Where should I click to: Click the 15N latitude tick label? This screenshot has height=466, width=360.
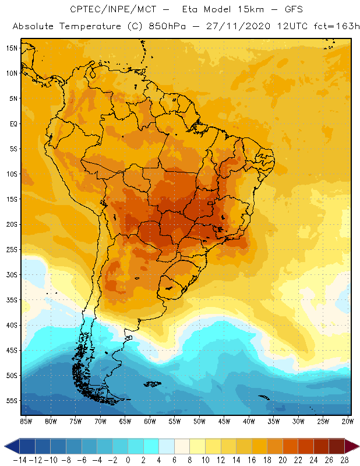click(12, 48)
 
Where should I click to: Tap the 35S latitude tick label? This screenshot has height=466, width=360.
click(12, 300)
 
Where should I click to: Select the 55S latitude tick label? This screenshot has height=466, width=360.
click(12, 401)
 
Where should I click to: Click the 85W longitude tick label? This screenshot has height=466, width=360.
click(26, 421)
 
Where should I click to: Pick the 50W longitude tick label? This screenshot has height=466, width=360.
click(200, 421)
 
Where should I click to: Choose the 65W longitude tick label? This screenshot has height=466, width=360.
click(125, 421)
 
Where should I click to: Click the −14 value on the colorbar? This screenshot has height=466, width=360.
click(20, 460)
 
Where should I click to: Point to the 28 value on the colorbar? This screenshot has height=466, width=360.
click(344, 460)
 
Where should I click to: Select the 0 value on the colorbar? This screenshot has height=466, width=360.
click(128, 460)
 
